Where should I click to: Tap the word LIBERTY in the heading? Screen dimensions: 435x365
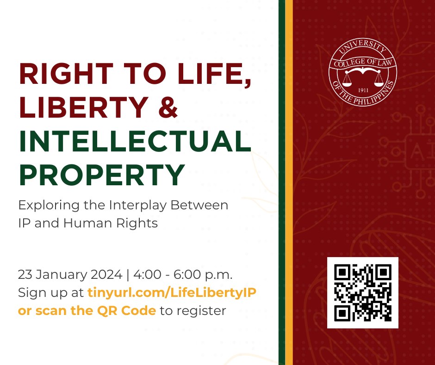[84, 107]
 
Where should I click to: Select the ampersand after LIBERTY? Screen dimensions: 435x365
[168, 107]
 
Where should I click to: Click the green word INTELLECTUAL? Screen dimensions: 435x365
[135, 141]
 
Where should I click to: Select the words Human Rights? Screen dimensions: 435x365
[111, 223]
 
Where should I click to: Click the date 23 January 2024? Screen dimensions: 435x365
[70, 275]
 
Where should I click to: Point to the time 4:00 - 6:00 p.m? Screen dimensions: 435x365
[183, 275]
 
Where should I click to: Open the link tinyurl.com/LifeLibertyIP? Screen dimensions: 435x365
[172, 293]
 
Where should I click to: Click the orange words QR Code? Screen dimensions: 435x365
[126, 310]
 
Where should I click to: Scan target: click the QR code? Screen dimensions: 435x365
[363, 293]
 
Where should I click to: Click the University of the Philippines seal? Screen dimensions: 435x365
[363, 72]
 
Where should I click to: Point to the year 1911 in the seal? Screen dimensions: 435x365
[363, 90]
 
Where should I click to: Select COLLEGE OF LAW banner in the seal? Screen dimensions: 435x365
[363, 63]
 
